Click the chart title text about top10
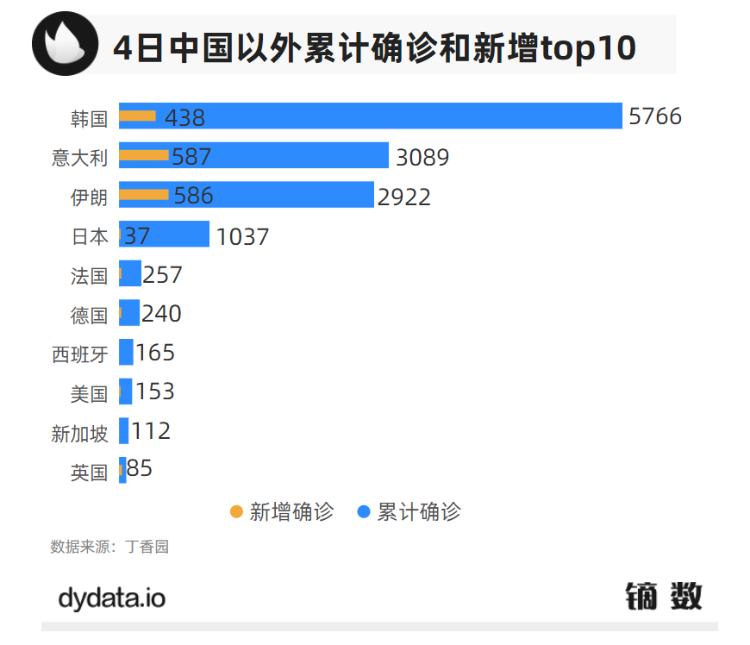[374, 47]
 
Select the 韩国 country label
[89, 119]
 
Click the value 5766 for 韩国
[655, 116]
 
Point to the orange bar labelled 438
[137, 116]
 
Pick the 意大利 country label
[79, 158]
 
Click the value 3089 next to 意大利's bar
[422, 157]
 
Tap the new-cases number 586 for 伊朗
[193, 196]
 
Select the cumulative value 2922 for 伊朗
[403, 197]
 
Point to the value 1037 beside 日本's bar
[242, 236]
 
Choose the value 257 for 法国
[162, 275]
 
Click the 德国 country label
[89, 315]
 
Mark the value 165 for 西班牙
[154, 353]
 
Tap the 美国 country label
[89, 394]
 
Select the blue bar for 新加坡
[124, 430]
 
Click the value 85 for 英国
[140, 469]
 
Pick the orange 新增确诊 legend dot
[236, 511]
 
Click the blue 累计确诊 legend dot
[364, 511]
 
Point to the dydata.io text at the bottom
[111, 598]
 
